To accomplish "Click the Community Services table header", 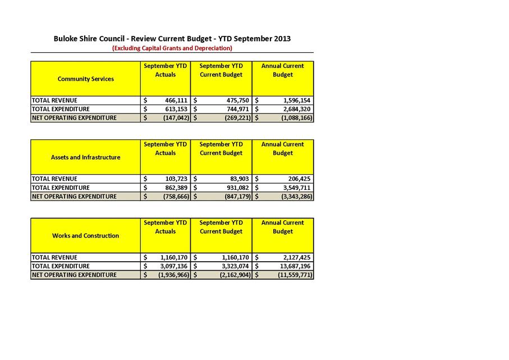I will (85, 79).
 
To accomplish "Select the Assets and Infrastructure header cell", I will (85, 157).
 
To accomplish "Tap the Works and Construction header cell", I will (85, 236).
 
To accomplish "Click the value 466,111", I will (175, 100).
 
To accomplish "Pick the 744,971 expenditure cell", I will (235, 109).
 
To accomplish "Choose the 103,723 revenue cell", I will (175, 179).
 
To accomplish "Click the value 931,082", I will (235, 188).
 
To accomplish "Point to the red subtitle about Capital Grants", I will (172, 48).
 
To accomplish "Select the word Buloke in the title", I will (66, 39).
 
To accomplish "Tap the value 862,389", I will (175, 188).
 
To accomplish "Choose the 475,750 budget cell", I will (235, 100).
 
